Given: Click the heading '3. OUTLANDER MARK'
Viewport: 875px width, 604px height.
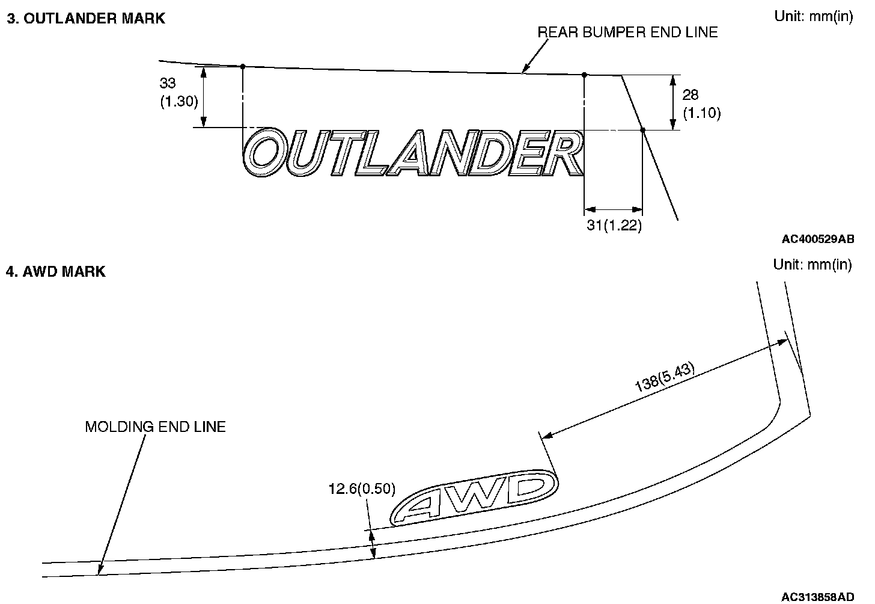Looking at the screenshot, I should tap(85, 18).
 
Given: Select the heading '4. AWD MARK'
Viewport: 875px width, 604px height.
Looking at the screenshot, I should tap(56, 272).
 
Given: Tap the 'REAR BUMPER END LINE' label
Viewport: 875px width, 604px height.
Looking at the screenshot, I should tap(627, 32).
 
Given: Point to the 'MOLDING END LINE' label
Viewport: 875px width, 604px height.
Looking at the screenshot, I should tap(155, 427).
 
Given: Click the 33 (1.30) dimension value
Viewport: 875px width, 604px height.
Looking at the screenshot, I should tap(178, 93).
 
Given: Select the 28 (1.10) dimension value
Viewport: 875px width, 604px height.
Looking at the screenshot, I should tap(701, 103).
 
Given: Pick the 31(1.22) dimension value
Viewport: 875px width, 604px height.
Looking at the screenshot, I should tap(613, 226).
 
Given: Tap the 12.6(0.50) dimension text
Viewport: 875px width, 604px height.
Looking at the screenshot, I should tap(362, 488).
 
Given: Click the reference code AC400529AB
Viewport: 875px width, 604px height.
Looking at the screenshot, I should tap(817, 239).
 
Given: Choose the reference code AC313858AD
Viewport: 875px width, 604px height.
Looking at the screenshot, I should tap(817, 597).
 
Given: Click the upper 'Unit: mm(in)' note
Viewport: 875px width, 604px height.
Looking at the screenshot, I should tap(813, 16).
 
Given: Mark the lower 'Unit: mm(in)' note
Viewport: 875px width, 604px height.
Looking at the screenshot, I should tap(812, 264).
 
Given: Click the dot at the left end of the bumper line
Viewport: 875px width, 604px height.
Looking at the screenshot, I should tap(242, 66).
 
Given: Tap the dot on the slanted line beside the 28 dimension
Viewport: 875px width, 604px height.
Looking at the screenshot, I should tap(642, 130).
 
